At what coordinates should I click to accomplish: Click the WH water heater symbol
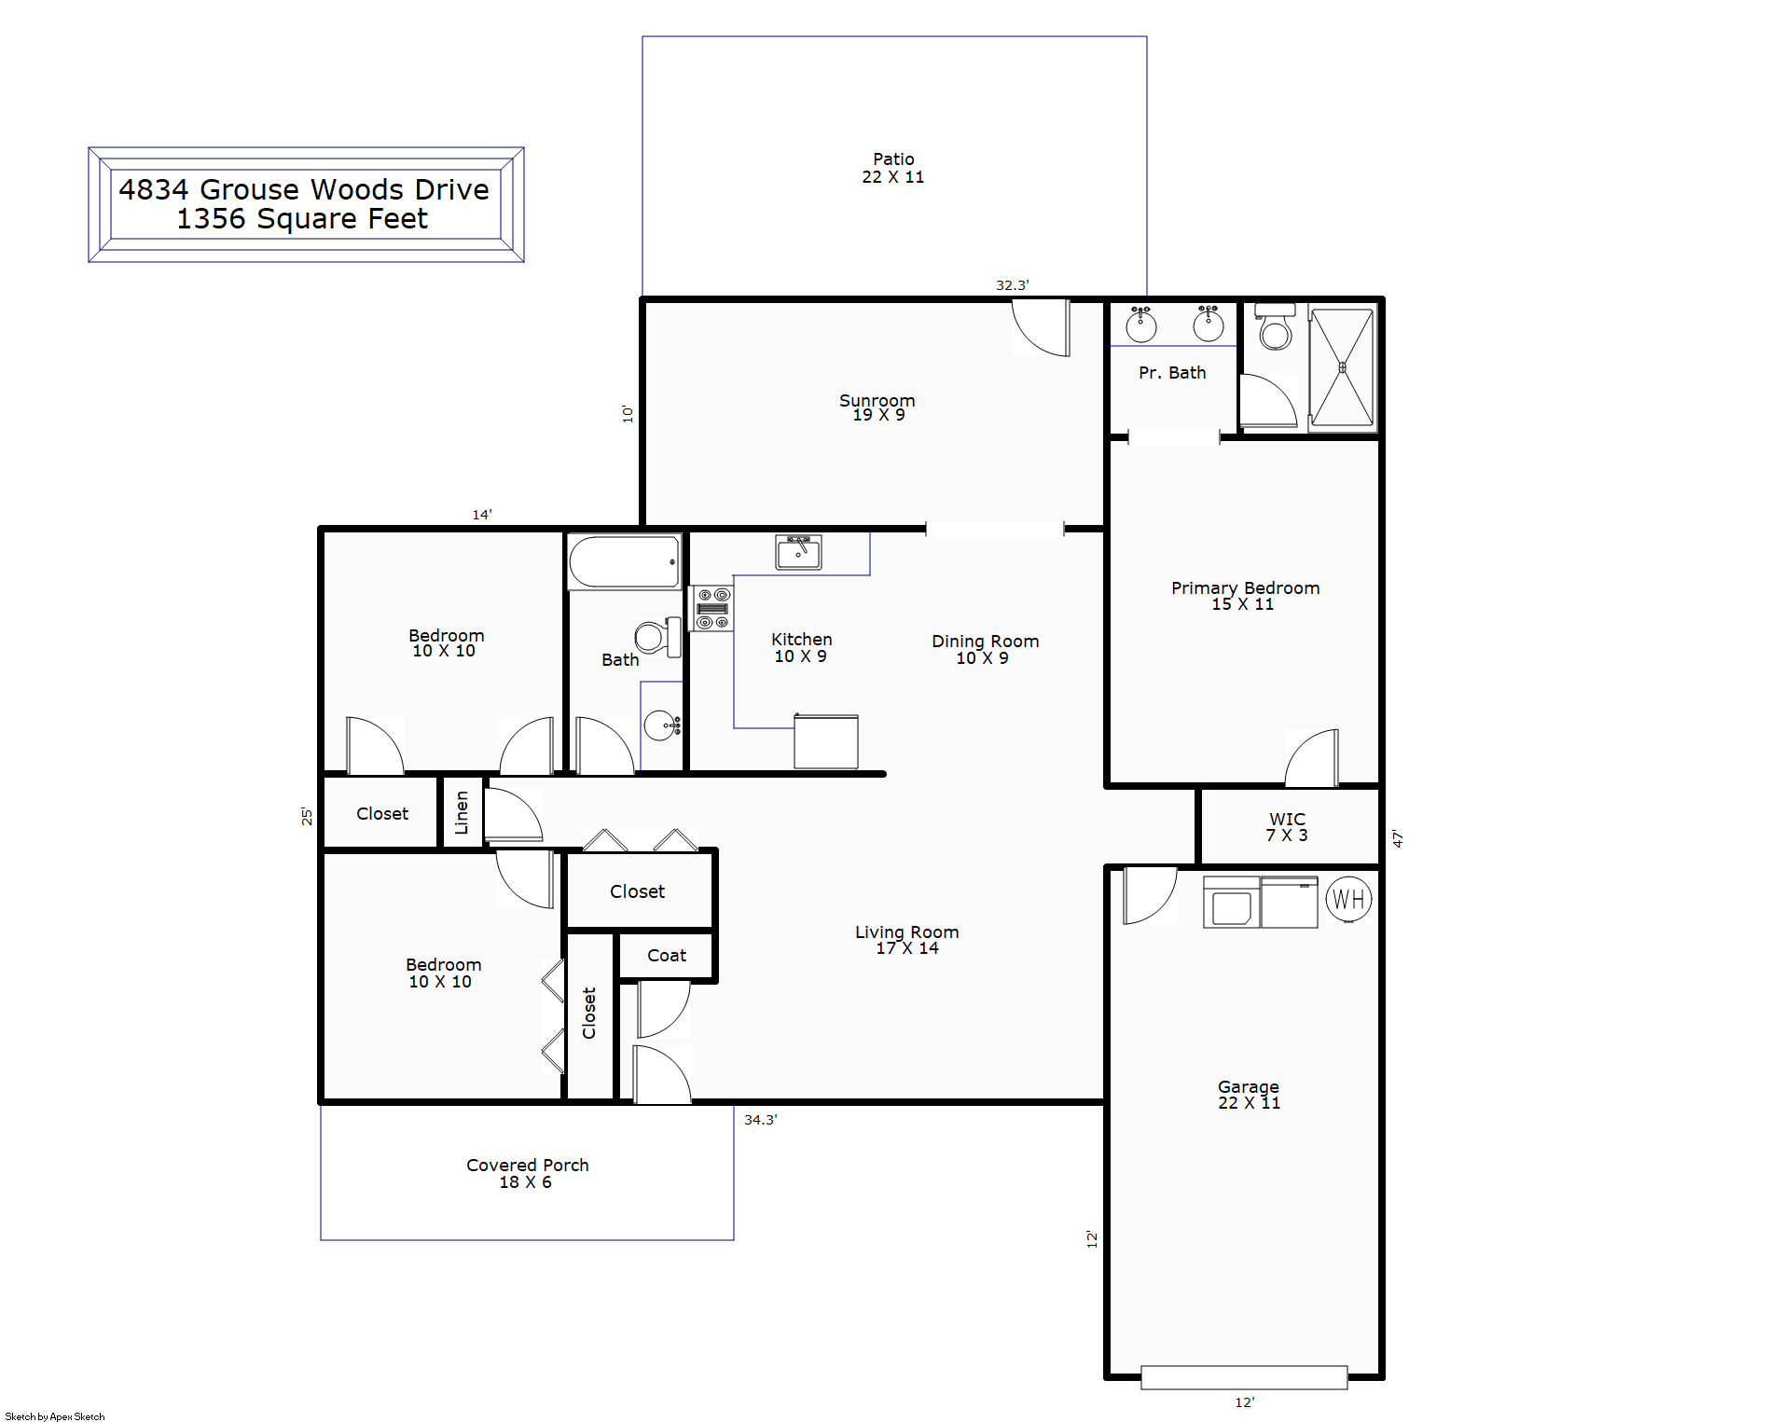pyautogui.click(x=1348, y=900)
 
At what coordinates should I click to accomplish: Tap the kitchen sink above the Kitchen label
pyautogui.click(x=798, y=552)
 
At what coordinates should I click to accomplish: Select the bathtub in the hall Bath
pyautogui.click(x=624, y=561)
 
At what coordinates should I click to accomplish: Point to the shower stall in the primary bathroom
pyautogui.click(x=1342, y=367)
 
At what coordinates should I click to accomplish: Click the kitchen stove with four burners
pyautogui.click(x=712, y=609)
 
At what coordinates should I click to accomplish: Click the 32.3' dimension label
pyautogui.click(x=1013, y=285)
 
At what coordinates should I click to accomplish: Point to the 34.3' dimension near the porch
pyautogui.click(x=761, y=1120)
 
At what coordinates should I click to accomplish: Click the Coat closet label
pyautogui.click(x=667, y=956)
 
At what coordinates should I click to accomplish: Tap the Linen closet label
pyautogui.click(x=462, y=812)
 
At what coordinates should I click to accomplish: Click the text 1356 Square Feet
pyautogui.click(x=302, y=219)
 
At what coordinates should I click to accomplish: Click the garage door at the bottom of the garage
pyautogui.click(x=1244, y=1377)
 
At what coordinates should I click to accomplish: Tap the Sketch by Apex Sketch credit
pyautogui.click(x=55, y=1416)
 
